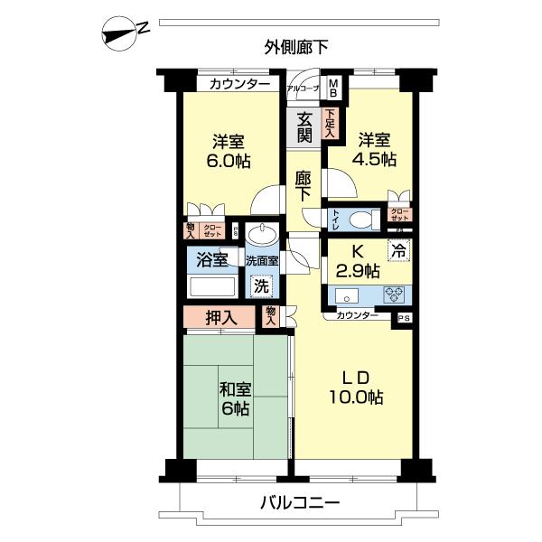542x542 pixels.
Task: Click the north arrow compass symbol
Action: (x=122, y=33)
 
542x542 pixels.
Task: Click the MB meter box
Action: (x=333, y=88)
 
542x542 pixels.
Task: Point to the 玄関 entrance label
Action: (x=304, y=126)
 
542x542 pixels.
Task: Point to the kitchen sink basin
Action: (x=348, y=294)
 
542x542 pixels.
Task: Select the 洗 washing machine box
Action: (x=260, y=287)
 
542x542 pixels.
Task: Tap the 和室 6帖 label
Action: (x=235, y=398)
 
